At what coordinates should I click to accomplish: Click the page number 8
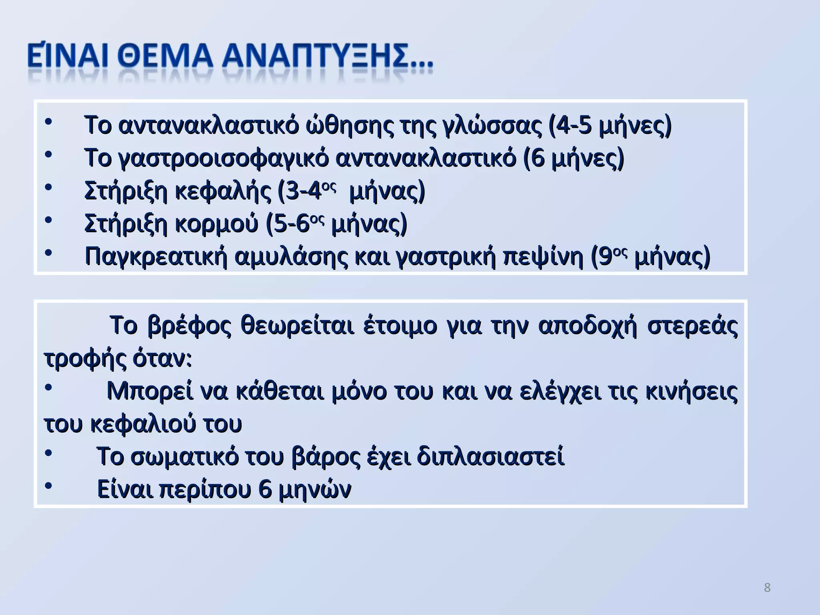coord(767,588)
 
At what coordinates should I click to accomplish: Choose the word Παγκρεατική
coord(156,257)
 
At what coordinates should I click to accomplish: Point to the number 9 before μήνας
coord(606,257)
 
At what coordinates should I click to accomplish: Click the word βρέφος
coord(189,326)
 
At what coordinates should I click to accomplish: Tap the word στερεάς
coord(693,326)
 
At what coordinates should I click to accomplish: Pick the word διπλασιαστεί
coord(490,457)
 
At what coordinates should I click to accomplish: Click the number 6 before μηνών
coord(265,490)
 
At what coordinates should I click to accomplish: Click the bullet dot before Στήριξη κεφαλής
coord(48,187)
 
